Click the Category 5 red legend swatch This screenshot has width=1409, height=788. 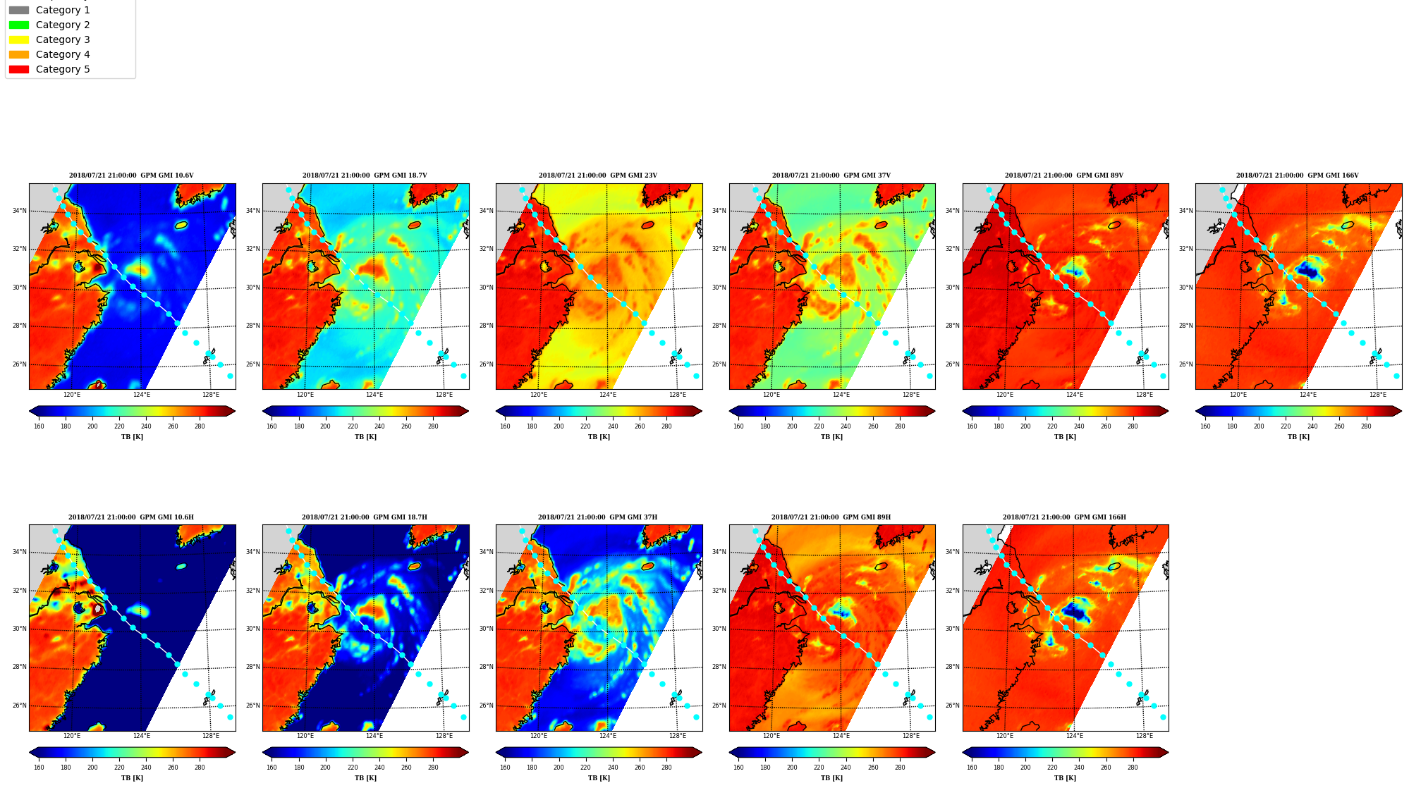19,69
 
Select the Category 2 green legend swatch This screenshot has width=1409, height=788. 19,25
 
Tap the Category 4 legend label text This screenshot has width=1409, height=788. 63,54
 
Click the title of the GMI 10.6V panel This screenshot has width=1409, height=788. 131,176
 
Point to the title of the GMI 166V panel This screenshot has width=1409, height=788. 1298,176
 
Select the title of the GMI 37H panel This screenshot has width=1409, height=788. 598,517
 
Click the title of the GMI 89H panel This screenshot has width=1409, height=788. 831,517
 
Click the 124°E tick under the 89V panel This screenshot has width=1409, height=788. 1074,395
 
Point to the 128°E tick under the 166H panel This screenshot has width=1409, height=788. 1144,736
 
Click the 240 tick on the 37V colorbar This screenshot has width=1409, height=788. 846,426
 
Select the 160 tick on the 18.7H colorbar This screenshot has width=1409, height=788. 272,768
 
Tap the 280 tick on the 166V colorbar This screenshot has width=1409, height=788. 1366,426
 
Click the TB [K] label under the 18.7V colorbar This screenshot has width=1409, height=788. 365,437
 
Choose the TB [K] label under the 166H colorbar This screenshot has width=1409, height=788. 1065,778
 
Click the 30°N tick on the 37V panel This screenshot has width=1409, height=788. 719,288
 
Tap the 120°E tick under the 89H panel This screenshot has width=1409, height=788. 771,736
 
